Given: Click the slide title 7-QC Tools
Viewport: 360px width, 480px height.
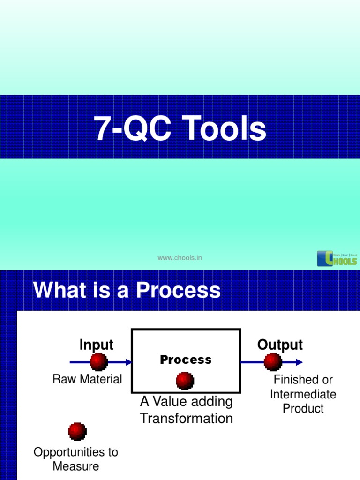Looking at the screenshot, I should (x=180, y=128).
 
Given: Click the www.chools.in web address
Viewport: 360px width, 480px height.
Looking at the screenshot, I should (x=180, y=258).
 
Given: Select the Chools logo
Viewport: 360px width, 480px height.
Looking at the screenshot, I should (x=337, y=258).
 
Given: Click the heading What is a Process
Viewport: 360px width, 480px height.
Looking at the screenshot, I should (x=127, y=290).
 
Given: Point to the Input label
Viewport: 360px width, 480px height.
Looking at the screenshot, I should (x=96, y=345).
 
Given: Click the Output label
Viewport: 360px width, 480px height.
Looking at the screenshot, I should (x=280, y=345).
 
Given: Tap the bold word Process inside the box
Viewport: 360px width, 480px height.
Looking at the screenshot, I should (x=186, y=360).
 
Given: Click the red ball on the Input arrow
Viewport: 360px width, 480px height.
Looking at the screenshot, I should (x=98, y=362).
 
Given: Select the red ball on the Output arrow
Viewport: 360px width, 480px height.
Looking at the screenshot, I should (x=273, y=362).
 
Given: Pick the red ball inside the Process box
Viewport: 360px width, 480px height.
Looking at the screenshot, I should (x=185, y=381).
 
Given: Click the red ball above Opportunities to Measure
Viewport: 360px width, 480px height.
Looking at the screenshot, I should (x=77, y=431).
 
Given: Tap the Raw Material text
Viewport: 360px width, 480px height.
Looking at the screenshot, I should (x=87, y=379).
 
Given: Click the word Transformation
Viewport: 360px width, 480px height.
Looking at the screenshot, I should (x=186, y=418).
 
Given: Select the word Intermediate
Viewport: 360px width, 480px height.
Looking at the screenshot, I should (x=303, y=394).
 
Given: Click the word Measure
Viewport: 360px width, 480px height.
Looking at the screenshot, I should (x=76, y=466).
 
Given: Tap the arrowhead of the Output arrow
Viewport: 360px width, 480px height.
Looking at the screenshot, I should (x=299, y=362).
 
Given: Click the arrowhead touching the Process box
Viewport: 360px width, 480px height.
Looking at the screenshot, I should (x=128, y=362).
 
